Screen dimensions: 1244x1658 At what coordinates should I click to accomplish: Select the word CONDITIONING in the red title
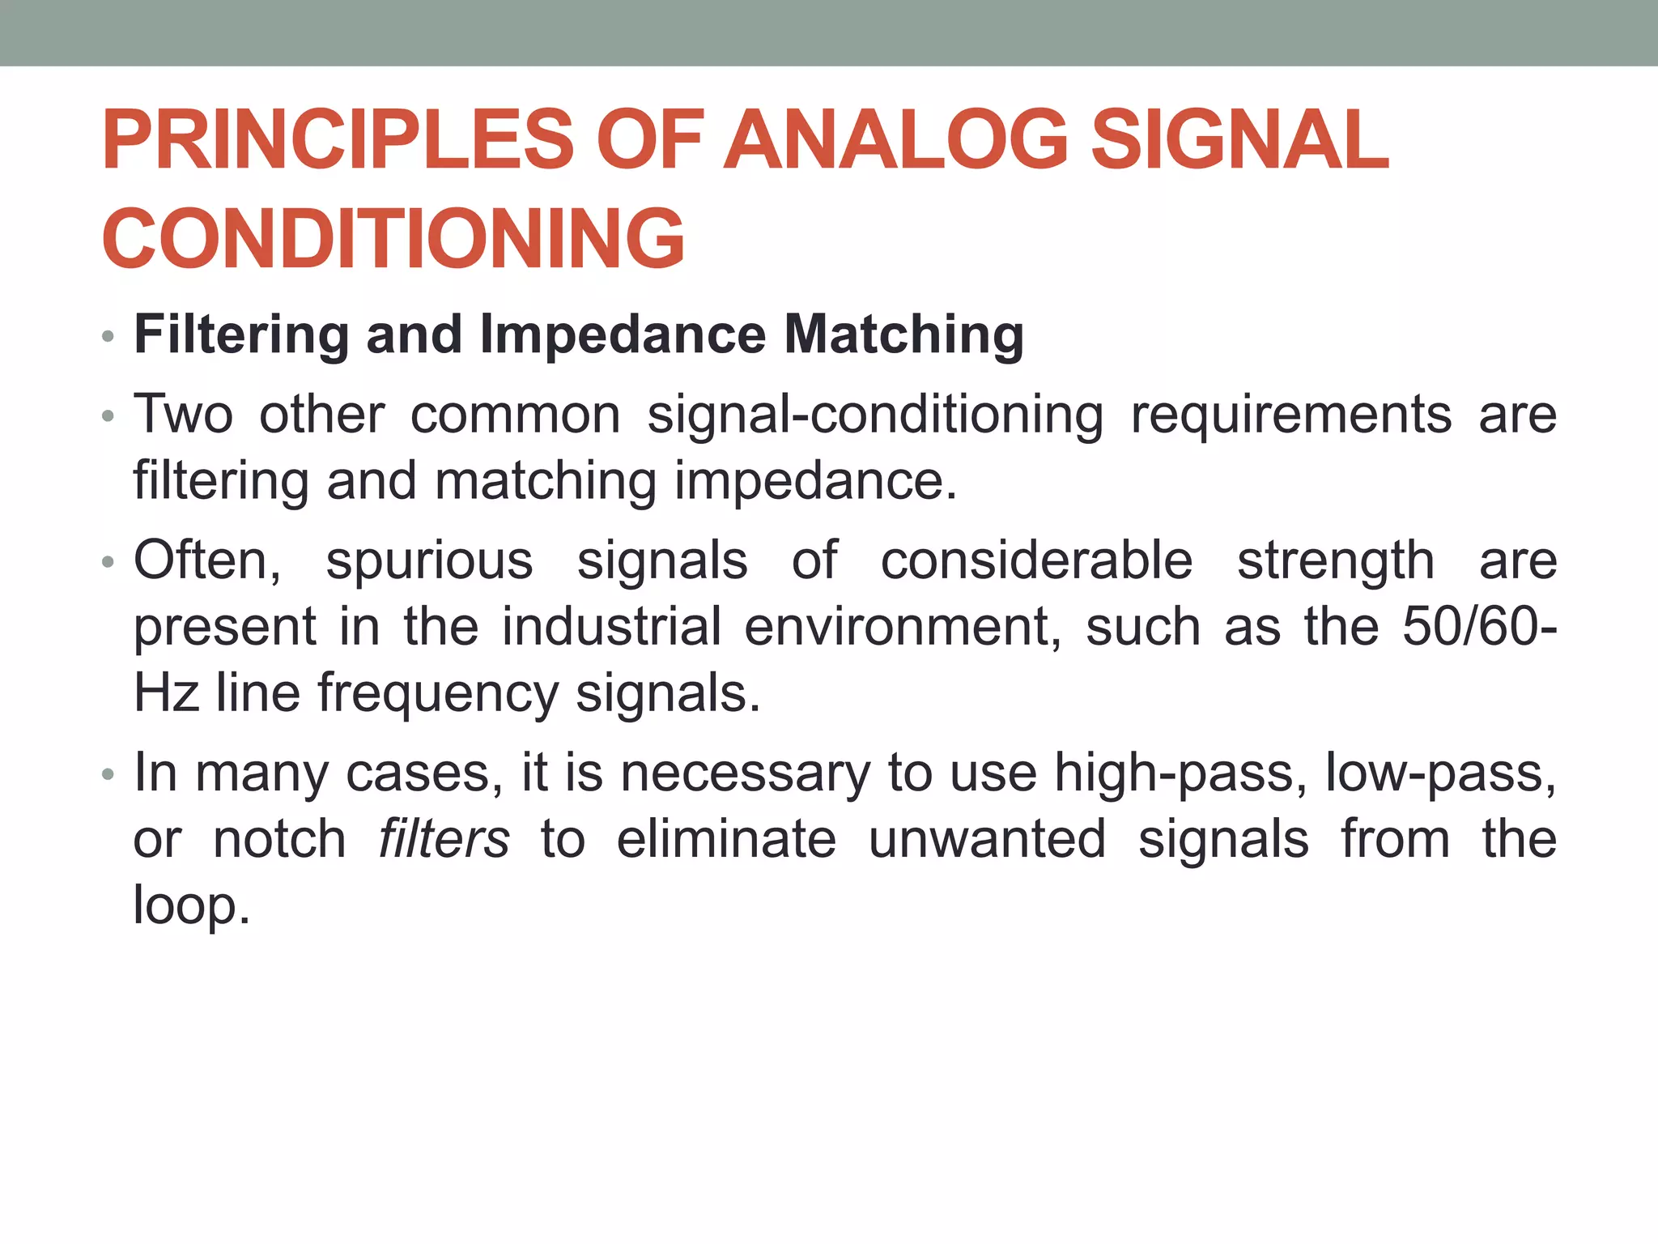coord(393,239)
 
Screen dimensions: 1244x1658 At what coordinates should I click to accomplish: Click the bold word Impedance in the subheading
coord(623,334)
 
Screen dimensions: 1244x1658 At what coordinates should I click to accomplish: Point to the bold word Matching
coord(903,334)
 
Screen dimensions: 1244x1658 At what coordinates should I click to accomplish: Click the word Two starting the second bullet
coord(183,415)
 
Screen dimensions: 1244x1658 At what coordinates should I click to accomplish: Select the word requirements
coord(1290,415)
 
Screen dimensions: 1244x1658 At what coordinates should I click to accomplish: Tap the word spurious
coord(429,560)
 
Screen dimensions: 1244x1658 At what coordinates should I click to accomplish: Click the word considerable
coord(1036,560)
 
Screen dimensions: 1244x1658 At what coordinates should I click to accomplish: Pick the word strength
coord(1336,560)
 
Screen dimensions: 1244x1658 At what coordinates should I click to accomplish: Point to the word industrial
coord(611,627)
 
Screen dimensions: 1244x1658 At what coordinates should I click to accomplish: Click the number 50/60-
coord(1479,627)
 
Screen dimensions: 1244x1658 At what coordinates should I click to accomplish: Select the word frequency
coord(437,694)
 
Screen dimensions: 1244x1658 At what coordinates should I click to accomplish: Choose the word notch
coord(279,839)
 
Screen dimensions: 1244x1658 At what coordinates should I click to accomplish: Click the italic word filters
coord(444,839)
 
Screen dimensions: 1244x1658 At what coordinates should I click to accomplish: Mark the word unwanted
coord(987,839)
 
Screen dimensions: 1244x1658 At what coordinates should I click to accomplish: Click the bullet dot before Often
coord(108,562)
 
